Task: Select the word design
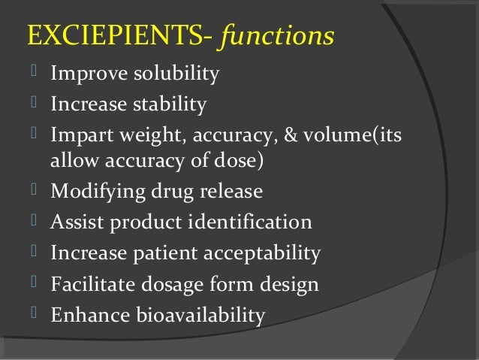point(290,285)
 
